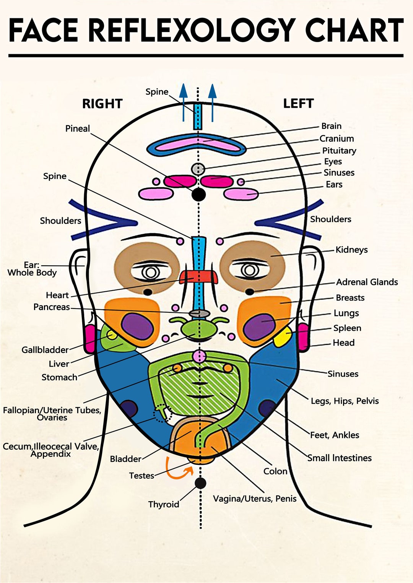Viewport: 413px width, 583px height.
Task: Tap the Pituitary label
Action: click(339, 151)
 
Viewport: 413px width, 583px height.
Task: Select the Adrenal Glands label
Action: click(367, 282)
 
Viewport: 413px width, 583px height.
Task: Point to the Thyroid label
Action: click(164, 504)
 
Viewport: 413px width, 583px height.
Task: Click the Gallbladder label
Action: click(45, 350)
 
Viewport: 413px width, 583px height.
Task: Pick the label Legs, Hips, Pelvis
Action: click(345, 401)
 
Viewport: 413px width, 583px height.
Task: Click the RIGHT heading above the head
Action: click(102, 104)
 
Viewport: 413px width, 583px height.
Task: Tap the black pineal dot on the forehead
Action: click(199, 194)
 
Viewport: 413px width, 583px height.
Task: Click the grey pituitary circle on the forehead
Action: click(198, 169)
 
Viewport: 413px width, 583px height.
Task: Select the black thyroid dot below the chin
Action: click(200, 483)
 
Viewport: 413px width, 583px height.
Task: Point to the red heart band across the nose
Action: click(199, 277)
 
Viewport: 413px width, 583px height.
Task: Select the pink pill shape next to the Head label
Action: click(303, 337)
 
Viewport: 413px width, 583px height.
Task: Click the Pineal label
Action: click(77, 128)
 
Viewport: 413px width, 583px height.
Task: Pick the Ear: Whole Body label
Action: click(32, 269)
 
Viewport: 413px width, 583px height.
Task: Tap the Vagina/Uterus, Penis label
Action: click(255, 499)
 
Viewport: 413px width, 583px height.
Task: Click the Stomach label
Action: click(59, 377)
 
